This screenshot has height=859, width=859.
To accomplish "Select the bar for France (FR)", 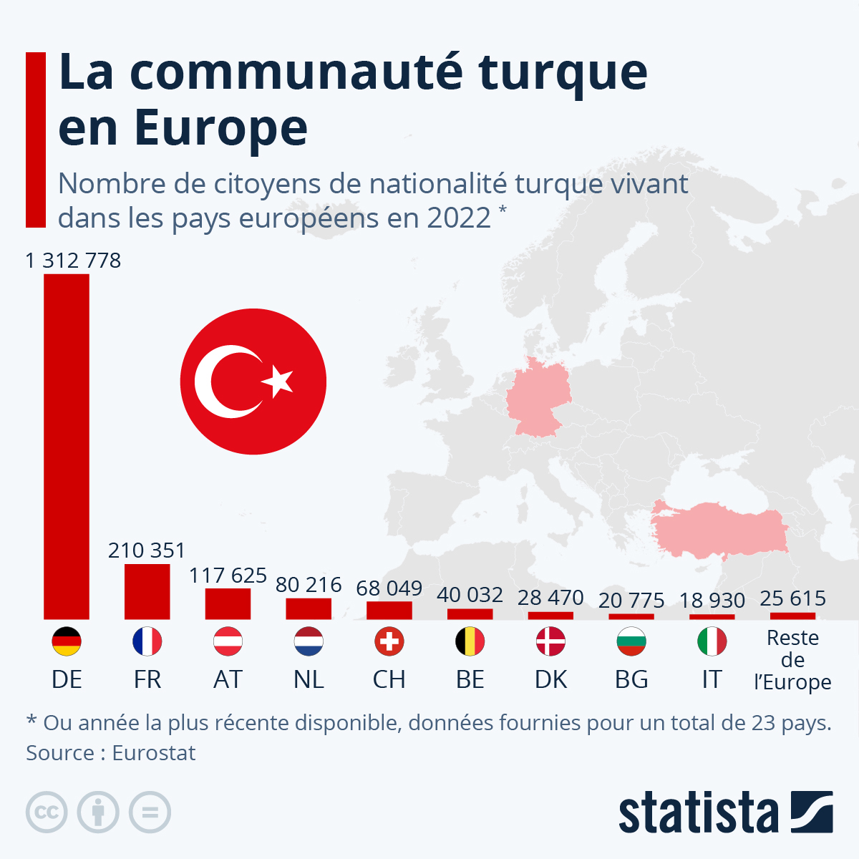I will click(147, 591).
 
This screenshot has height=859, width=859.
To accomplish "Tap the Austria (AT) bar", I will click(228, 603).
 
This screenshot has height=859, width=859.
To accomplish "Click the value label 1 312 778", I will click(73, 261).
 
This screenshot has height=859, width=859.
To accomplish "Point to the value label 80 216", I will click(309, 585).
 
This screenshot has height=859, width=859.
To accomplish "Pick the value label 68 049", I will click(389, 588).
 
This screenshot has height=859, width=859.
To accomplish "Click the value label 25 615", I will click(792, 598).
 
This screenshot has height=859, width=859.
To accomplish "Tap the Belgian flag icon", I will click(470, 642).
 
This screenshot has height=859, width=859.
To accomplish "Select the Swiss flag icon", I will click(389, 642).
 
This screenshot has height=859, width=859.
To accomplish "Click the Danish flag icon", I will click(550, 642).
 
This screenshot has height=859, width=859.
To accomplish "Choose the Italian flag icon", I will click(712, 642).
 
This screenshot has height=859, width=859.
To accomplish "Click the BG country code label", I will click(631, 679).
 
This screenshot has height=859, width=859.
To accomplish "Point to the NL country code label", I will click(309, 679).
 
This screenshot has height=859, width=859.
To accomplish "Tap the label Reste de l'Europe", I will click(792, 659).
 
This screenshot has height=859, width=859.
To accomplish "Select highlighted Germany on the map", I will click(538, 397).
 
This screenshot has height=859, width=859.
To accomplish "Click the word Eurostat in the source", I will click(154, 753).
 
